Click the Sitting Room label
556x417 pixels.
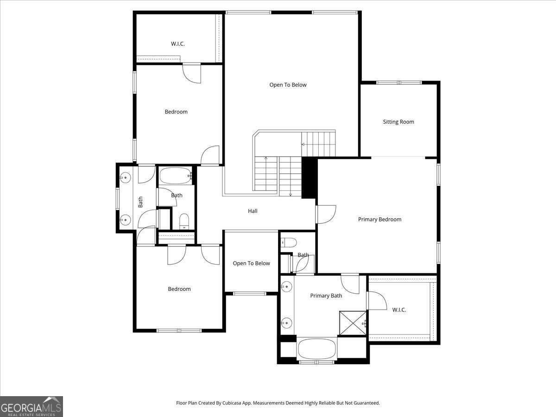click(x=398, y=122)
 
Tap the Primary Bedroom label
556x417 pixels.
click(x=379, y=220)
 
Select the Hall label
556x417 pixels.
click(x=253, y=211)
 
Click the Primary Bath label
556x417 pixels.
click(x=326, y=296)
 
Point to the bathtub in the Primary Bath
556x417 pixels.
click(x=317, y=349)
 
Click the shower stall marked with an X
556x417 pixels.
click(x=353, y=323)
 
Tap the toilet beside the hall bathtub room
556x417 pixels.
click(x=184, y=221)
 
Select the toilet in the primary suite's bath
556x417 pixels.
click(x=289, y=242)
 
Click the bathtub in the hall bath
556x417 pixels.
click(x=176, y=176)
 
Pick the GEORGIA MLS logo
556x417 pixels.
click(x=32, y=406)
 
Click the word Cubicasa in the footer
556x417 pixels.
click(x=232, y=403)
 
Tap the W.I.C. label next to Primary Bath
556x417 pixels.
click(x=399, y=310)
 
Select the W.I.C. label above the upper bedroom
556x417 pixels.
click(x=177, y=44)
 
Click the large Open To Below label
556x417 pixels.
click(x=288, y=85)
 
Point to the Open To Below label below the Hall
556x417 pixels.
click(x=251, y=263)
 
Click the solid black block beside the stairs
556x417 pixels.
click(x=309, y=177)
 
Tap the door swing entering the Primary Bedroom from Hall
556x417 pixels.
click(x=326, y=215)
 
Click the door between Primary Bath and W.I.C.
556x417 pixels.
click(x=377, y=301)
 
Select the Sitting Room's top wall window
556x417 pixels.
click(x=399, y=82)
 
